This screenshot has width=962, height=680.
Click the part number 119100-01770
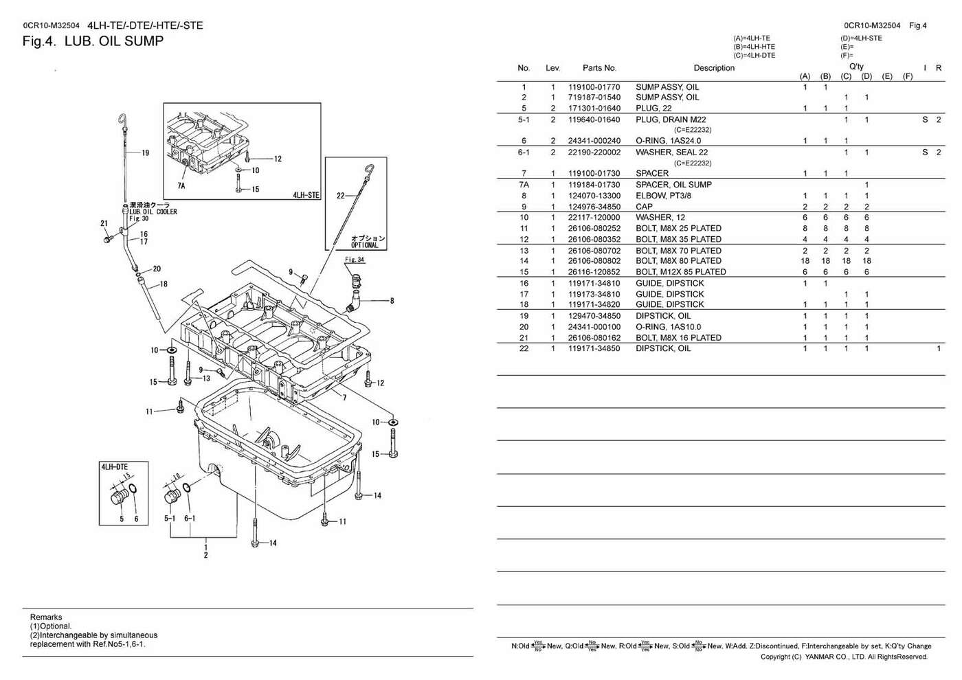pyautogui.click(x=594, y=87)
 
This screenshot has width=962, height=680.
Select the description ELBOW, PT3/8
pyautogui.click(x=663, y=196)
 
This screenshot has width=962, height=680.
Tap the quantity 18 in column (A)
pyautogui.click(x=805, y=261)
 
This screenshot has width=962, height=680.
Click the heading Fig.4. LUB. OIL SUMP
pyautogui.click(x=93, y=41)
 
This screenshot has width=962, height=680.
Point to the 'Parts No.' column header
pyautogui.click(x=599, y=68)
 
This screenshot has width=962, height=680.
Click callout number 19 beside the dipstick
pyautogui.click(x=145, y=153)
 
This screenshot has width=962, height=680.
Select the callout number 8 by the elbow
pyautogui.click(x=392, y=301)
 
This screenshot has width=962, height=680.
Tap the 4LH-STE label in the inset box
pyautogui.click(x=306, y=195)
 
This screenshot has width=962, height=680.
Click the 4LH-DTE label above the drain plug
pyautogui.click(x=114, y=467)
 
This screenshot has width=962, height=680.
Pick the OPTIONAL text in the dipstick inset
pyautogui.click(x=364, y=245)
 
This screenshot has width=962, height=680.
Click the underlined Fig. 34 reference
pyautogui.click(x=355, y=260)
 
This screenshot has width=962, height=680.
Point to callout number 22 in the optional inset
pyautogui.click(x=340, y=196)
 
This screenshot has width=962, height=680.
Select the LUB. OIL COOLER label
pyautogui.click(x=153, y=212)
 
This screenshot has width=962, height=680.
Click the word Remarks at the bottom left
pyautogui.click(x=46, y=617)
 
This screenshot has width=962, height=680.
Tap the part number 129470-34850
pyautogui.click(x=594, y=316)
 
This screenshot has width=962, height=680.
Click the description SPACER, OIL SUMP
pyautogui.click(x=673, y=185)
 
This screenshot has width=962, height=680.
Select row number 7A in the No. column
pyautogui.click(x=524, y=185)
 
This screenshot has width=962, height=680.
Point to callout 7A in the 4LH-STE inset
pyautogui.click(x=181, y=185)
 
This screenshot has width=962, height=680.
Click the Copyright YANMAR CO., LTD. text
pyautogui.click(x=844, y=657)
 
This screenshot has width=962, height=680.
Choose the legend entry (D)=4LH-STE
pyautogui.click(x=861, y=38)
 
